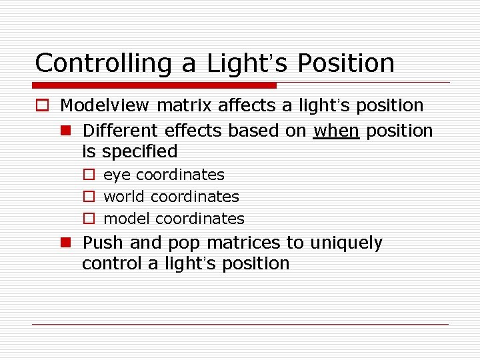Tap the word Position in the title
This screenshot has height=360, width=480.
pyautogui.click(x=346, y=64)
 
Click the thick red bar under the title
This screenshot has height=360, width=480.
pyautogui.click(x=155, y=85)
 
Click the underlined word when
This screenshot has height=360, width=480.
pyautogui.click(x=337, y=131)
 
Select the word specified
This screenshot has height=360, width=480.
pyautogui.click(x=139, y=152)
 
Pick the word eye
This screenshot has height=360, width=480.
pyautogui.click(x=117, y=175)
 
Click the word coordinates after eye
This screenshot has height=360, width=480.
pyautogui.click(x=180, y=175)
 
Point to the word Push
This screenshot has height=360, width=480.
pyautogui.click(x=102, y=243)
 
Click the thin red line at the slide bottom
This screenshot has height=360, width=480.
pyautogui.click(x=240, y=324)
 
